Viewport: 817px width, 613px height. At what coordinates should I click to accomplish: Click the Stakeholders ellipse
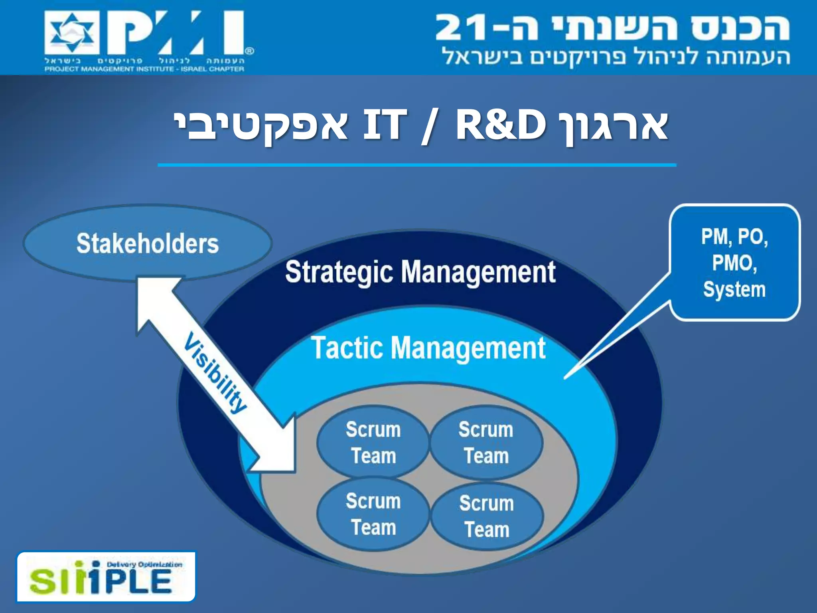pyautogui.click(x=148, y=243)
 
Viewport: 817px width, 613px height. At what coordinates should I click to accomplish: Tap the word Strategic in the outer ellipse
pyautogui.click(x=339, y=272)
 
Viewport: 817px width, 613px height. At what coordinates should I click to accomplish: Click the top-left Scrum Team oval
pyautogui.click(x=373, y=442)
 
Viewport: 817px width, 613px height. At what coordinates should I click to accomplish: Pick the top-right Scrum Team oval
pyautogui.click(x=486, y=442)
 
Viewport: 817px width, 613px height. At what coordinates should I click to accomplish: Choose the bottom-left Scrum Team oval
pyautogui.click(x=373, y=514)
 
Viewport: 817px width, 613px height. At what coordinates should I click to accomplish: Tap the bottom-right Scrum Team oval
pyautogui.click(x=487, y=516)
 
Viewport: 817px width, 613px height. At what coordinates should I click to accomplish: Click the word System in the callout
pyautogui.click(x=734, y=289)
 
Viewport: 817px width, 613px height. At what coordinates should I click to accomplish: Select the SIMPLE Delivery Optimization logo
pyautogui.click(x=106, y=577)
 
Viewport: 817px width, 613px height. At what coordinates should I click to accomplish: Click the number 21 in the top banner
pyautogui.click(x=463, y=28)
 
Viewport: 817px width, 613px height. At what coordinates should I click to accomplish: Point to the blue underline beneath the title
pyautogui.click(x=417, y=164)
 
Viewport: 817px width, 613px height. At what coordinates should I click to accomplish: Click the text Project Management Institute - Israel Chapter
pyautogui.click(x=144, y=69)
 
